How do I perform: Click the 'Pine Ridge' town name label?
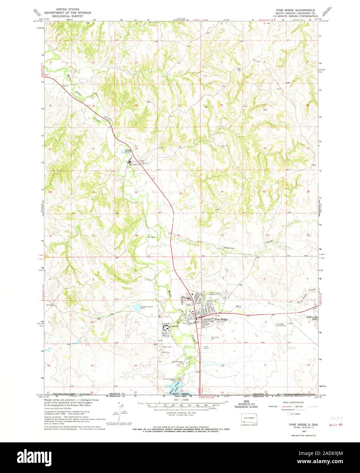tap(221, 320)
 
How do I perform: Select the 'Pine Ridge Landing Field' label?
tap(279, 325)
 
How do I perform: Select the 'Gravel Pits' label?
tap(166, 353)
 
